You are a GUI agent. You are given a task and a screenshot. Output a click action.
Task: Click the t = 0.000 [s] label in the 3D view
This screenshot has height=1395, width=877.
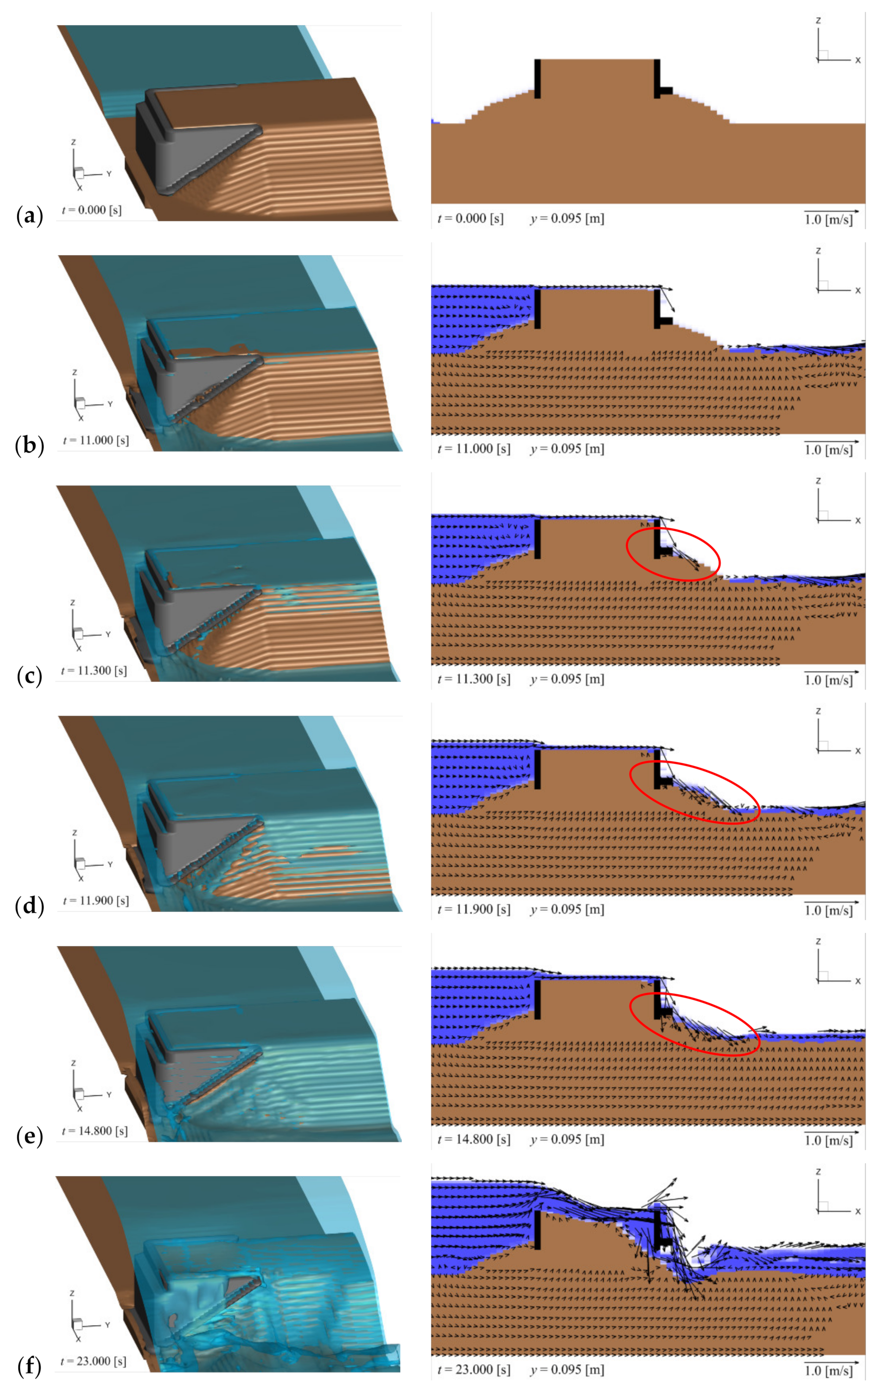[x=92, y=210]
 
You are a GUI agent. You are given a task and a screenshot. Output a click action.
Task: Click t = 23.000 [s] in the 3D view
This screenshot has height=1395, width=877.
[x=93, y=1361]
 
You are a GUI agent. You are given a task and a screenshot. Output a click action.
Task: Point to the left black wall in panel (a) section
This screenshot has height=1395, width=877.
[x=537, y=78]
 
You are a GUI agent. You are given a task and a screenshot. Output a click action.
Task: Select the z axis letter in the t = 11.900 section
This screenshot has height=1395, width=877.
[x=818, y=711]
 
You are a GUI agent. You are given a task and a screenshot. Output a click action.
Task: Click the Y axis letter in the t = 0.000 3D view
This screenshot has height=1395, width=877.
[x=108, y=174]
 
